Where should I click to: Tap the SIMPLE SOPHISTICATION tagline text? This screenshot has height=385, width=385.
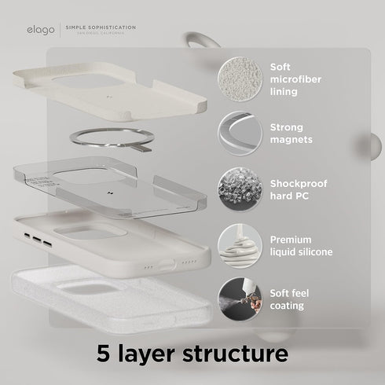click(x=106, y=26)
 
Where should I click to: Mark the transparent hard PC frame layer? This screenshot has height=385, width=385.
click(x=110, y=185)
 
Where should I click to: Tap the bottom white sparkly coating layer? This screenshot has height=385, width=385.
click(x=110, y=299)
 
